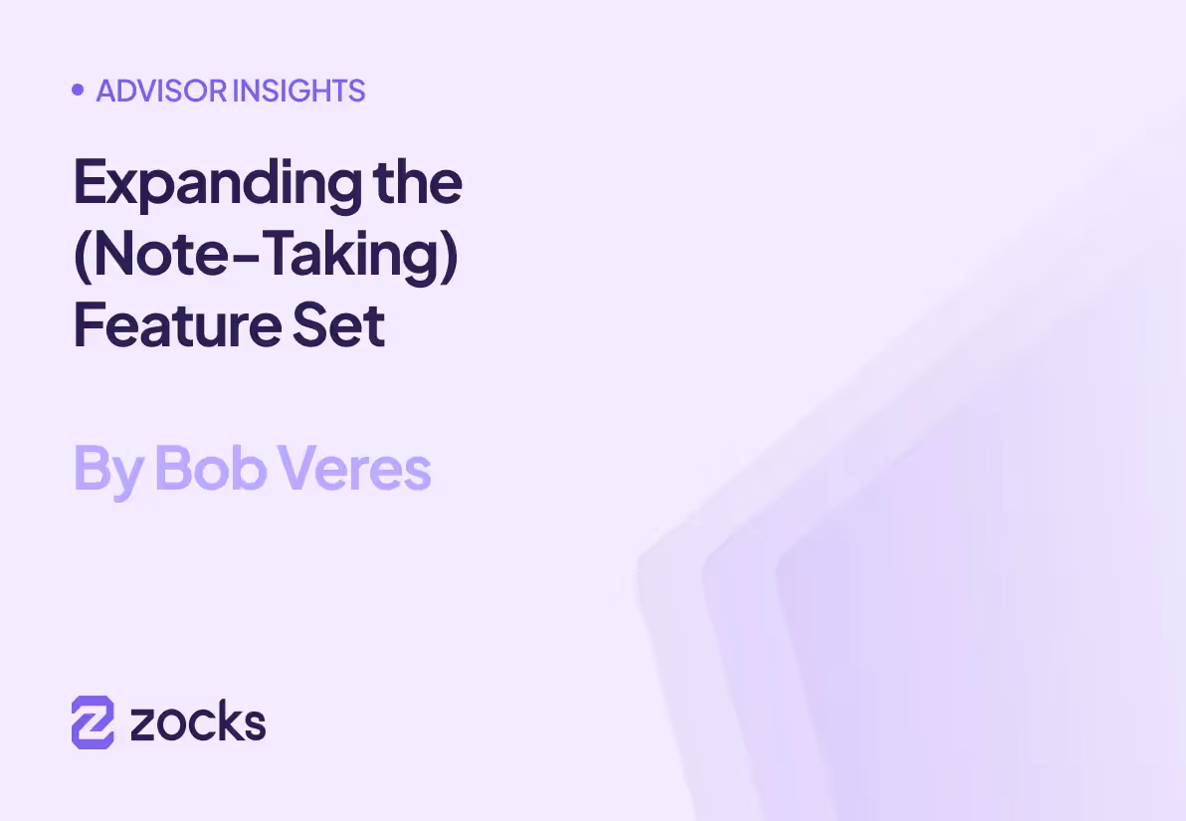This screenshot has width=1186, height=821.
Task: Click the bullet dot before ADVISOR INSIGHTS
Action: (78, 91)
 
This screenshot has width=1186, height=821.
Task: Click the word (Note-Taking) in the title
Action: (266, 255)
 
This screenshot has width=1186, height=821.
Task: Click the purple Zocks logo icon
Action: (93, 721)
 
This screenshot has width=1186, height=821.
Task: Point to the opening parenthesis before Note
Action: (82, 255)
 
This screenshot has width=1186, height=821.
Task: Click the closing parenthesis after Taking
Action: (450, 255)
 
